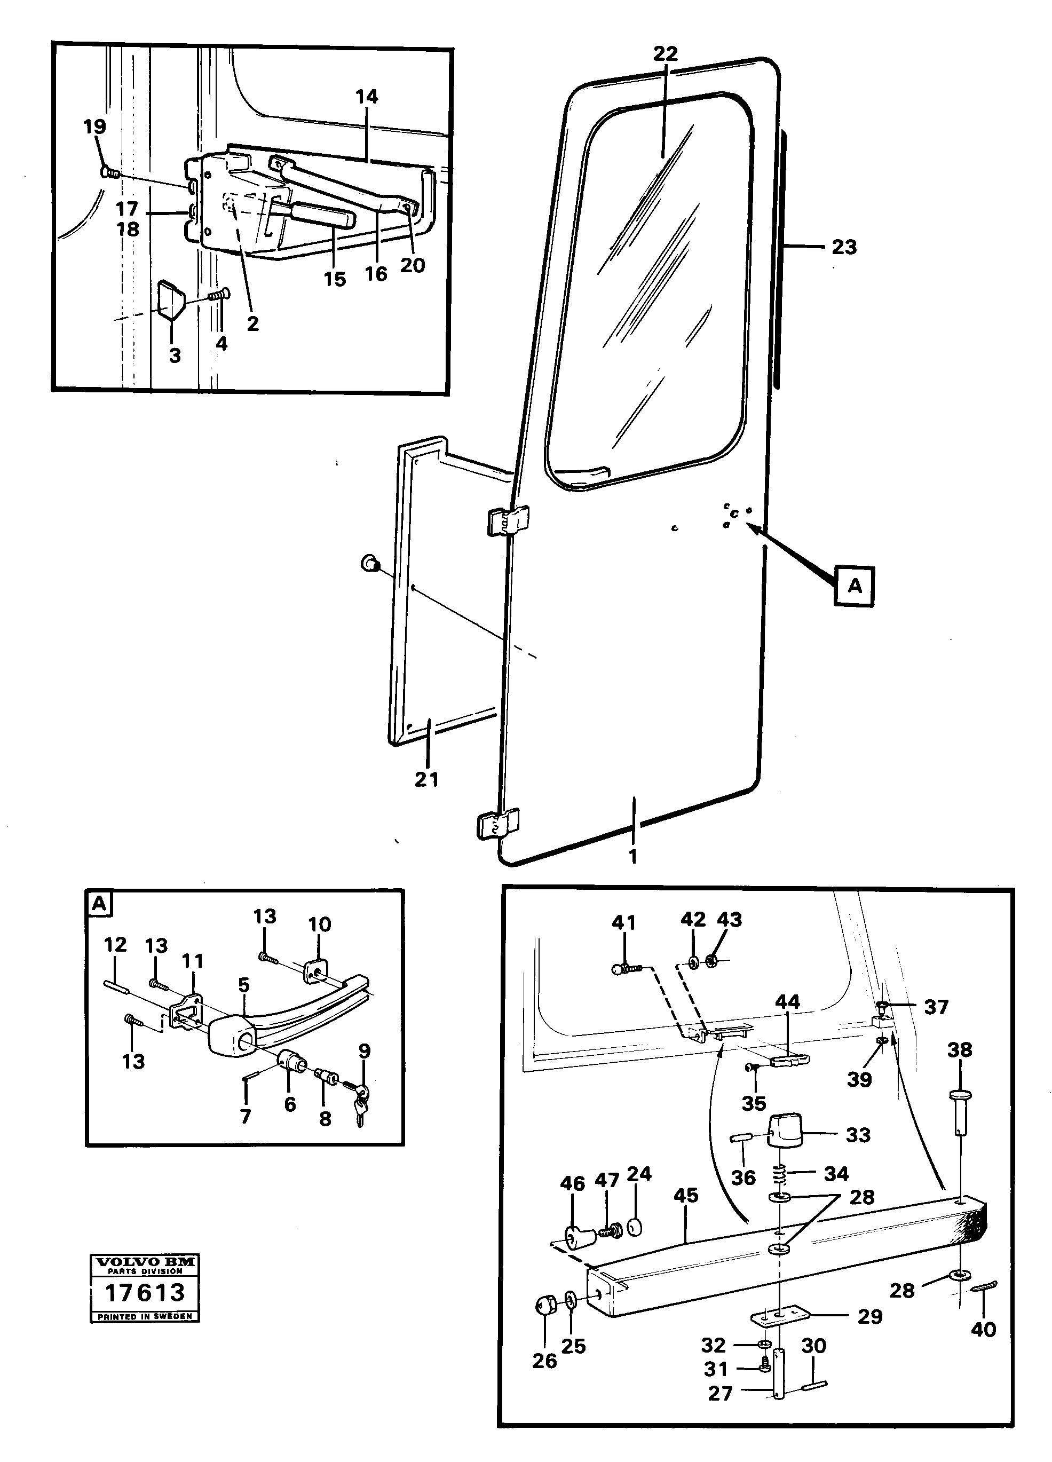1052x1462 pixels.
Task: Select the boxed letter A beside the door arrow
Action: click(x=854, y=586)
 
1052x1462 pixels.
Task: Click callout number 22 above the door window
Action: click(x=665, y=53)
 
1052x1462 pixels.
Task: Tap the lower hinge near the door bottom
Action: click(x=499, y=825)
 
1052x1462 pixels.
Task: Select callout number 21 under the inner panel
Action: click(x=426, y=779)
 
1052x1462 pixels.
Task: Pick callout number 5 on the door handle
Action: click(x=244, y=984)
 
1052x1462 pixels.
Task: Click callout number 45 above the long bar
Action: click(x=685, y=1195)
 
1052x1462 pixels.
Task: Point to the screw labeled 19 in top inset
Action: click(x=109, y=172)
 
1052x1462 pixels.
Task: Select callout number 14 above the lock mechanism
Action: click(x=366, y=97)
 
